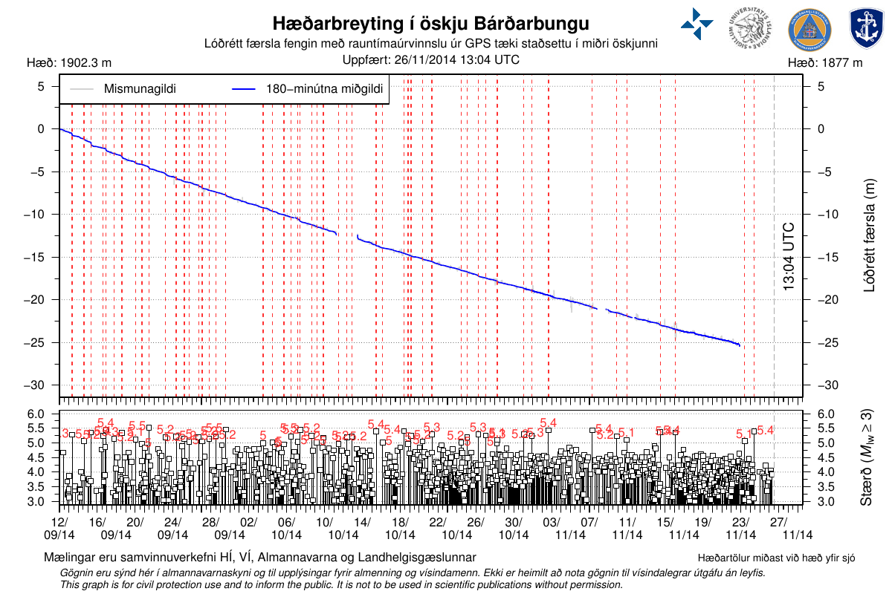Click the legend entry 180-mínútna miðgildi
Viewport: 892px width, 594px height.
coord(324,89)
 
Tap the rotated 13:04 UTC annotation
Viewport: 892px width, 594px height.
coord(789,256)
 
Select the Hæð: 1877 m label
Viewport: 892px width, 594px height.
coord(825,63)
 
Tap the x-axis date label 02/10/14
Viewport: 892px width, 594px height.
coord(248,528)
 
